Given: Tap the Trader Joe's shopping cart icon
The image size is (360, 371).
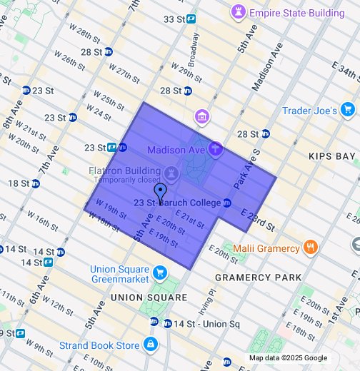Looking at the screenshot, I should pos(348,110).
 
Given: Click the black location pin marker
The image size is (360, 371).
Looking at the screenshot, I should pos(161,193).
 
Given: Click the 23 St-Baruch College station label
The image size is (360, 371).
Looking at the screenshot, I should pos(177,203).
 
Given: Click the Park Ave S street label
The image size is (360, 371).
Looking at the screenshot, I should pos(244,171).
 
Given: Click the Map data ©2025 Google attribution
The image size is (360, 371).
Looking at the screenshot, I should pos(288,358).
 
